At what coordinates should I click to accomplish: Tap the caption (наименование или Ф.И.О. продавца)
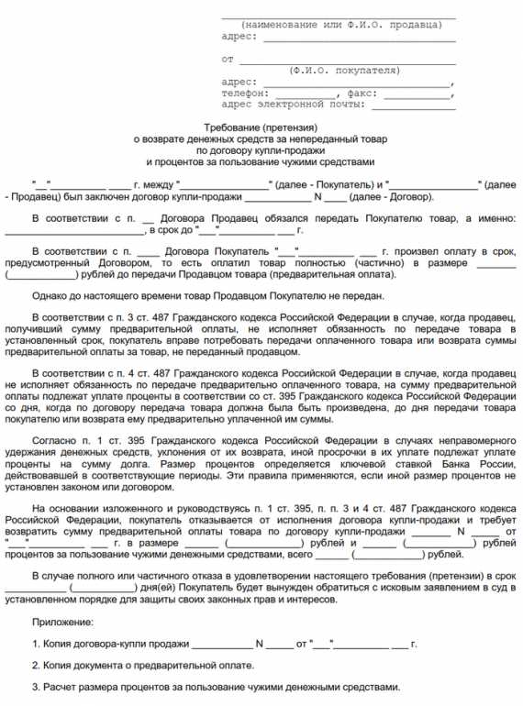coord(339,24)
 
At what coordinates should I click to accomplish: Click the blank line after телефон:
coord(304,94)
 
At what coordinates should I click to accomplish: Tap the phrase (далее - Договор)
coord(394,197)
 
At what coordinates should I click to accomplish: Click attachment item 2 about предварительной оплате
coord(143,665)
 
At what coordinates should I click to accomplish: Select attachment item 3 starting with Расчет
coord(216,687)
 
